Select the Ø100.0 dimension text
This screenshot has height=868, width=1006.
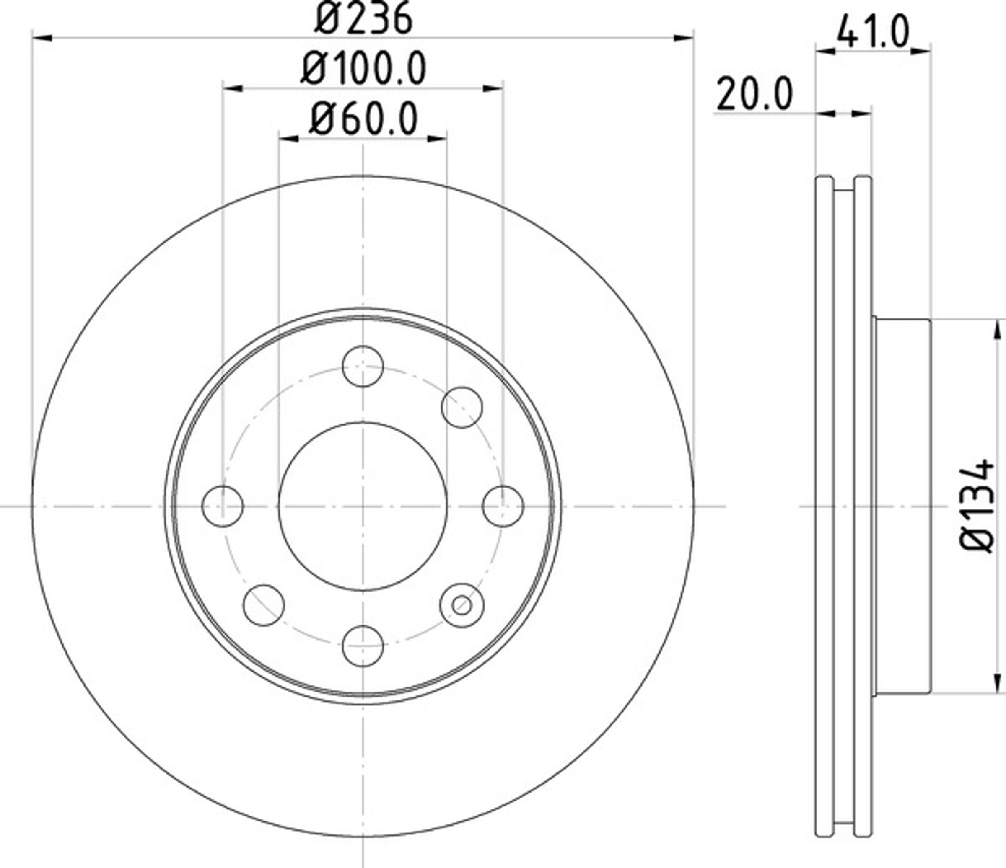coord(363,68)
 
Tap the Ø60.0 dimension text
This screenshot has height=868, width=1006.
coord(363,119)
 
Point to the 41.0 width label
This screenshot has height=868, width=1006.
coord(872,31)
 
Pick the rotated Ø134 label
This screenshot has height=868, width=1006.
coord(977,505)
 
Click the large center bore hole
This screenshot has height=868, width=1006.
coord(363,506)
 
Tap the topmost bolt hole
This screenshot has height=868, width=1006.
coord(363,366)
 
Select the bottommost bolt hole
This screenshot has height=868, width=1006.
coord(363,646)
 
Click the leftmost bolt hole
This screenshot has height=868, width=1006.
coord(223,506)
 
